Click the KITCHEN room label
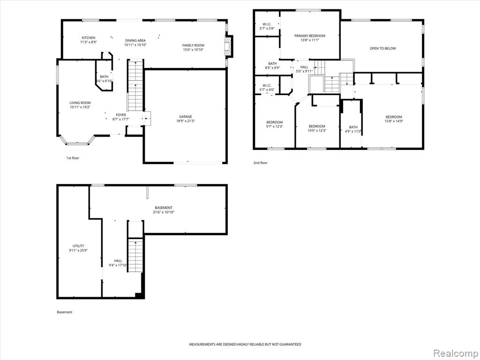[89, 37]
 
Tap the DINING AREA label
[135, 40]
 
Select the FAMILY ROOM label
[193, 45]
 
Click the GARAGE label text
[186, 116]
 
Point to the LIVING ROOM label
[80, 103]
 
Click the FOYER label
[121, 115]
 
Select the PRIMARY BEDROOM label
[310, 36]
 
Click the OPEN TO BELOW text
[382, 48]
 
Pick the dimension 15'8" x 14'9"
[394, 121]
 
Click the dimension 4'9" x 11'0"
[353, 131]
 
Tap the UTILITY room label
[78, 246]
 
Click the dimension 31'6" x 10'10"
[164, 212]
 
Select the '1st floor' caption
[73, 158]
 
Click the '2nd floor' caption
[260, 163]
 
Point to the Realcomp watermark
[455, 353]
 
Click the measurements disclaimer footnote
[245, 345]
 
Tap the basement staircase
[135, 255]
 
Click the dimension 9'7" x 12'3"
[275, 126]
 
